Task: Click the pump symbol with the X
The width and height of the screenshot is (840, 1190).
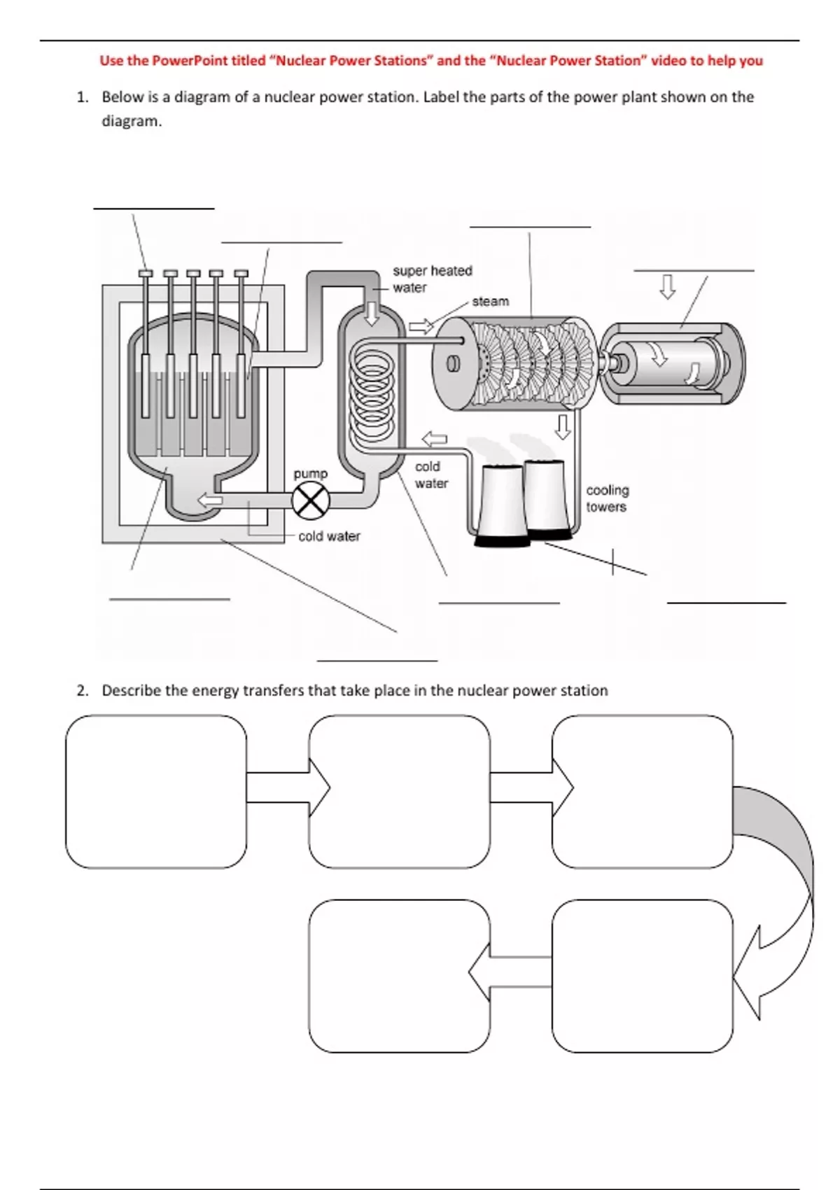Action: (311, 500)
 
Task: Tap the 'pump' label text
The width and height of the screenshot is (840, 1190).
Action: (311, 474)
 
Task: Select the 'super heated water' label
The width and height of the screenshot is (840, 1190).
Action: (433, 279)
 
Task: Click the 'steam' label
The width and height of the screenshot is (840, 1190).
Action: (491, 301)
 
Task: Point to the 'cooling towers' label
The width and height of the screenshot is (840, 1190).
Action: (608, 498)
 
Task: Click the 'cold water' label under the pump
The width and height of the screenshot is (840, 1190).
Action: (330, 536)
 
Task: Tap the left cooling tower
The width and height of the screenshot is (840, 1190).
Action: (502, 505)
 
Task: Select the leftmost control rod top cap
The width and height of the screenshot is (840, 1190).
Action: (146, 273)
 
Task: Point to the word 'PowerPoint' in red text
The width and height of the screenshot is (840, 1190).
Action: (192, 61)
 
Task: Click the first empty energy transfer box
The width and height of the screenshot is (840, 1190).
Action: (156, 792)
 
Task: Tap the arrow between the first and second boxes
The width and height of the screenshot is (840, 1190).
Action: (288, 787)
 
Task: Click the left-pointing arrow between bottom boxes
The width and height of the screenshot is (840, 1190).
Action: (510, 972)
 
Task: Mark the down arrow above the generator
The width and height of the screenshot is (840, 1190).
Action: (667, 287)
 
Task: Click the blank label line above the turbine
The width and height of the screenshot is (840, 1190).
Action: (530, 227)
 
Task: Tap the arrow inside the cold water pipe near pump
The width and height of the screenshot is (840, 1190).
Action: (210, 500)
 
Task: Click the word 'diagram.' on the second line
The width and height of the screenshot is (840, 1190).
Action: (132, 122)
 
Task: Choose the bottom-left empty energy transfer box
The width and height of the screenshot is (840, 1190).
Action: (400, 976)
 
